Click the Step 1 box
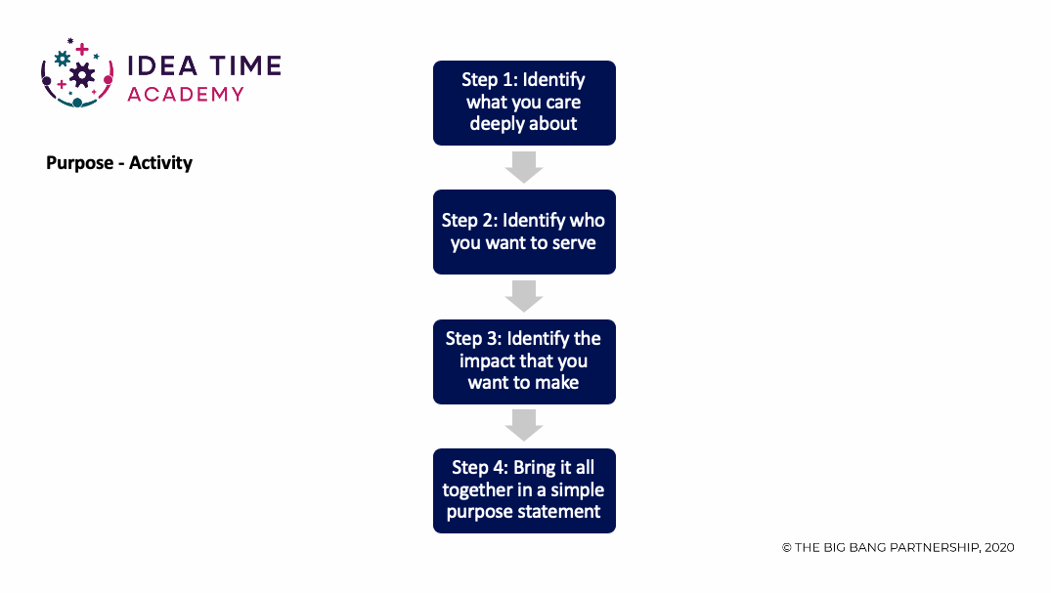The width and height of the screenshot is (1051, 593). tap(524, 104)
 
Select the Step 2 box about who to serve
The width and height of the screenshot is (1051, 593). tap(524, 232)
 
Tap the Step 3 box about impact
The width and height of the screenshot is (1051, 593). tap(524, 361)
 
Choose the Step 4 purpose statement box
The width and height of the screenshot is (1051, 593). tap(524, 491)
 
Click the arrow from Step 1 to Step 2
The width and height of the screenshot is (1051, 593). tap(524, 167)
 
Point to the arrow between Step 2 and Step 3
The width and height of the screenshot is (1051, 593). tap(524, 296)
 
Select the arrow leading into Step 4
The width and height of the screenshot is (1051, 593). tap(524, 426)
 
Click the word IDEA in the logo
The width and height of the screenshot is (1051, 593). tap(162, 66)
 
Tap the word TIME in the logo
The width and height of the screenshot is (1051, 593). tap(245, 66)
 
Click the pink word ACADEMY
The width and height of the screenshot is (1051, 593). tap(186, 95)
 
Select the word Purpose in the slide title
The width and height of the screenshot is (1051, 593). tap(80, 163)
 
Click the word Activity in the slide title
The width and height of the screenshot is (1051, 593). tap(161, 163)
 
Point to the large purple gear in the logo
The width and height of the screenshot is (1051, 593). tap(82, 75)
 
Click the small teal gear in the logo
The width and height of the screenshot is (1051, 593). tap(63, 59)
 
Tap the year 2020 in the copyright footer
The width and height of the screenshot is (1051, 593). tap(999, 547)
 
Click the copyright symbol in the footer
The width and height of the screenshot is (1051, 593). tap(787, 548)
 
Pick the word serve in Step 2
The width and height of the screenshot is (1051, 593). tap(574, 243)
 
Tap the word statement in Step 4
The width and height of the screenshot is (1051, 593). tap(562, 512)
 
